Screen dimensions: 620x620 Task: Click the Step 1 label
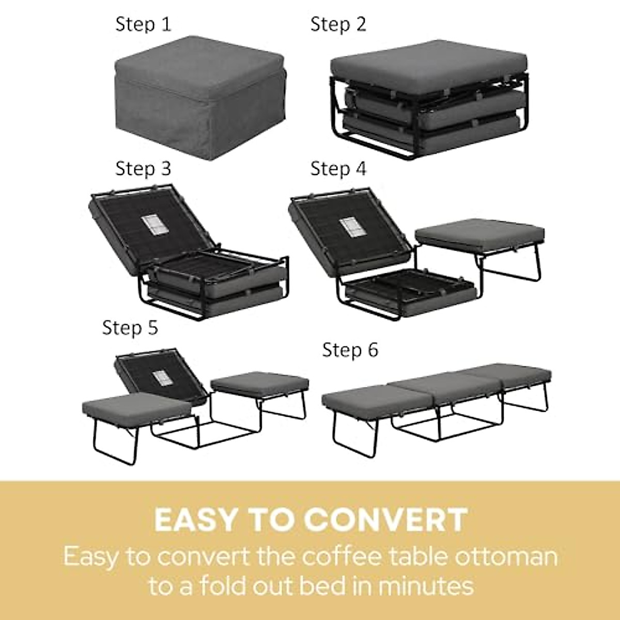pyautogui.click(x=143, y=24)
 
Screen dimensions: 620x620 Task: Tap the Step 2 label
pyautogui.click(x=338, y=24)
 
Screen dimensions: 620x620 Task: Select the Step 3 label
pyautogui.click(x=143, y=168)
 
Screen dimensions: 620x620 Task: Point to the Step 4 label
pyautogui.click(x=338, y=168)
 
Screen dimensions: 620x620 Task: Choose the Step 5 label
pyautogui.click(x=130, y=328)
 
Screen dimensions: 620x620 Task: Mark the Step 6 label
pyautogui.click(x=350, y=350)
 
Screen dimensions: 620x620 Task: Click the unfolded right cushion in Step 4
pyautogui.click(x=479, y=233)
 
